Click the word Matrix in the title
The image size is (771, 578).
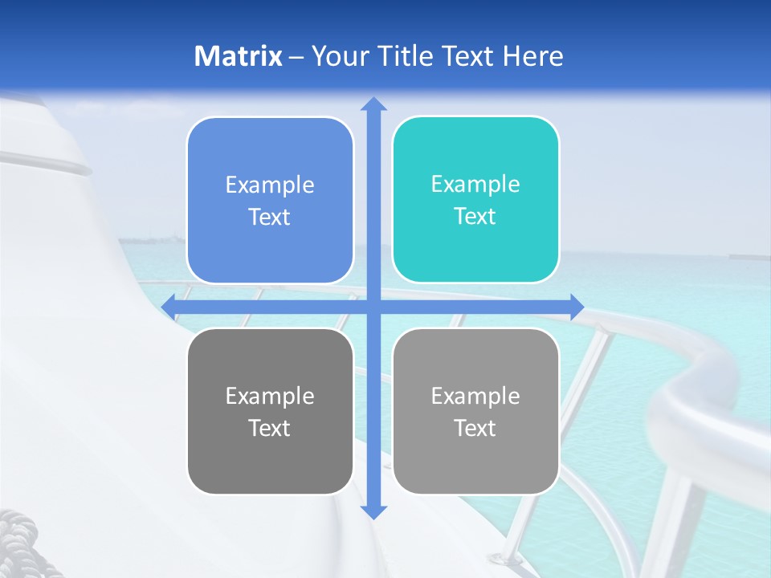(x=238, y=56)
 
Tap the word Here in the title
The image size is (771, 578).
(x=532, y=56)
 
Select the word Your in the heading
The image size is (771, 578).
(x=338, y=56)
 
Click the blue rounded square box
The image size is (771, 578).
(x=270, y=200)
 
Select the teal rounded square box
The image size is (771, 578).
(x=475, y=200)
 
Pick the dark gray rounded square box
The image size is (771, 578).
(x=270, y=411)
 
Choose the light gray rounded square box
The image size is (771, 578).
(x=475, y=411)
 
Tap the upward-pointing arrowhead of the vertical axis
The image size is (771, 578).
(x=373, y=104)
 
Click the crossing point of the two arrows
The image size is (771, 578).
(x=373, y=307)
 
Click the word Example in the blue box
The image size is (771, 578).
(x=270, y=185)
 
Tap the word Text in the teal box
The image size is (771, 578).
(x=475, y=217)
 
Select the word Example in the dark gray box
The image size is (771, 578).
(x=270, y=396)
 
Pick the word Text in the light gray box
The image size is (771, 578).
(x=475, y=428)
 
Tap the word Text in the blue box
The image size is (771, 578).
(x=270, y=218)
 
